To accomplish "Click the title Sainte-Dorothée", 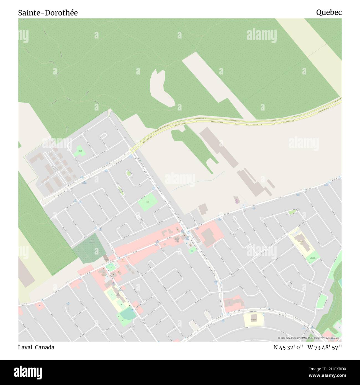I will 48,13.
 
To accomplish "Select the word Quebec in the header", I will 329,12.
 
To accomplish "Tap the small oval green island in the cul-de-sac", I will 128,173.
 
